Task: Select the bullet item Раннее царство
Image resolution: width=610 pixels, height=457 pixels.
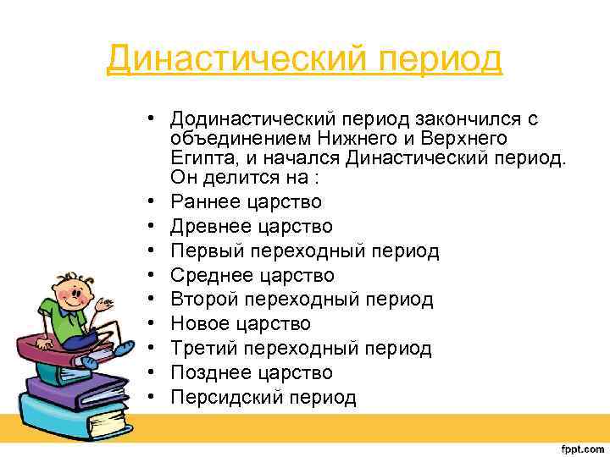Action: [x=246, y=201]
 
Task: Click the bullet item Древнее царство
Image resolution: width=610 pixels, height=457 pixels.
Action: [x=251, y=226]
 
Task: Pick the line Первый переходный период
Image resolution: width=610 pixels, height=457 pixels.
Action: [x=304, y=251]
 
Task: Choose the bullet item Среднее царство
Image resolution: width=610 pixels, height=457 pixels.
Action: [x=252, y=275]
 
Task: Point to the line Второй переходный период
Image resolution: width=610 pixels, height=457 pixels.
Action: [x=302, y=300]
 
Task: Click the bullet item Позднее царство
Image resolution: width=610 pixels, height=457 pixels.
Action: [x=251, y=372]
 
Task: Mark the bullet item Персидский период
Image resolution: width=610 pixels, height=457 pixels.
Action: [x=263, y=397]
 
